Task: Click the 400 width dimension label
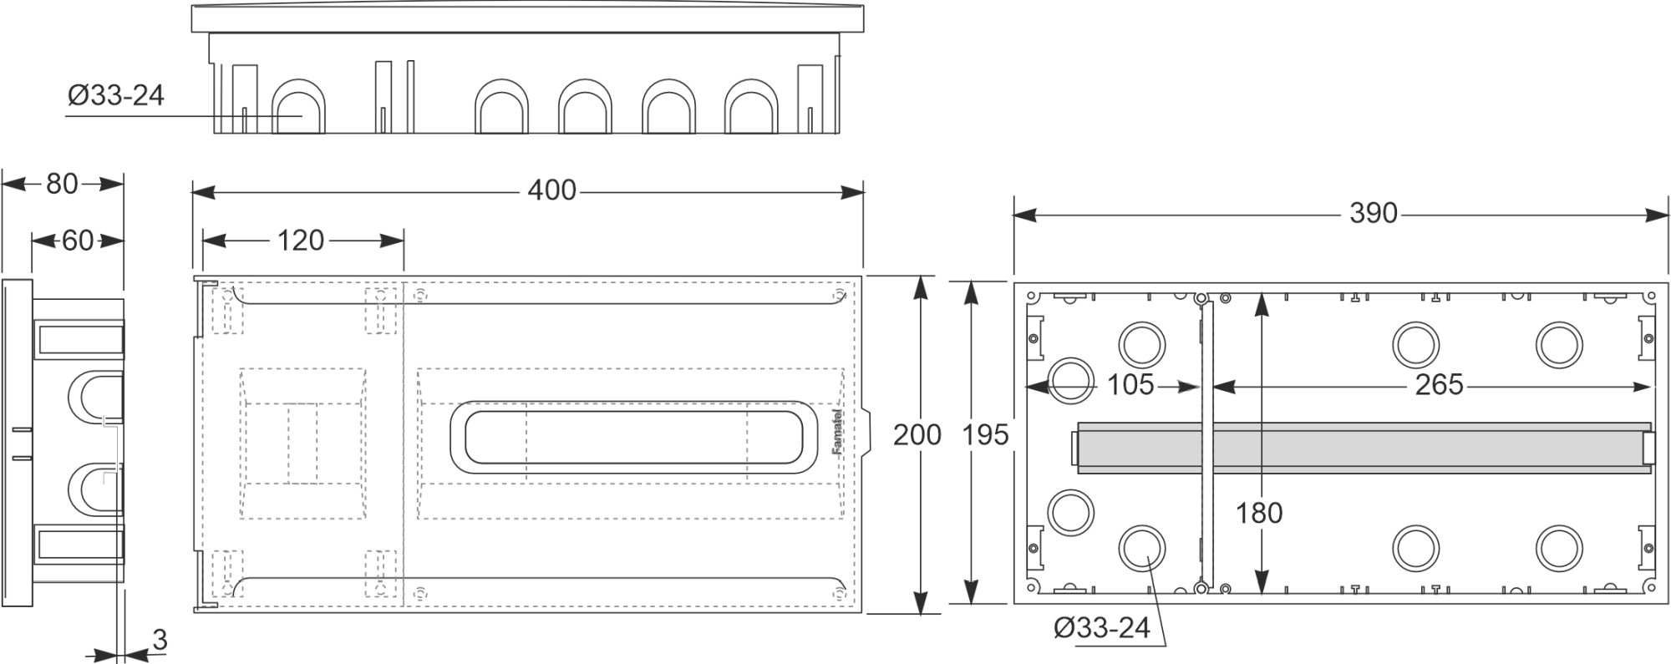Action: (x=551, y=190)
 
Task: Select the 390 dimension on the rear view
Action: (x=1373, y=214)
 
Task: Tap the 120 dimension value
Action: (x=300, y=241)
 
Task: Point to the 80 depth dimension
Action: (x=62, y=184)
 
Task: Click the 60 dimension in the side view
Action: (x=78, y=241)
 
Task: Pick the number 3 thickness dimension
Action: (x=160, y=641)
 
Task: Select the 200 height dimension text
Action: (x=917, y=435)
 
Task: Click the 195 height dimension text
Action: (x=985, y=435)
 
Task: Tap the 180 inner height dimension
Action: (x=1258, y=513)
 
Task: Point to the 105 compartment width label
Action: (x=1130, y=385)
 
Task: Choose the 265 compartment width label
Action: (x=1439, y=385)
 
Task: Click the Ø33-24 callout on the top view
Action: (x=115, y=96)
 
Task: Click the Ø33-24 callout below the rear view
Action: (x=1101, y=628)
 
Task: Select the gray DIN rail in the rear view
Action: (x=1362, y=448)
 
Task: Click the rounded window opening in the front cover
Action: (x=627, y=437)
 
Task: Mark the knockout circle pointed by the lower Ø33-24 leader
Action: (x=1141, y=549)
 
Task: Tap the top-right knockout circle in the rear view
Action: (x=1558, y=344)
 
